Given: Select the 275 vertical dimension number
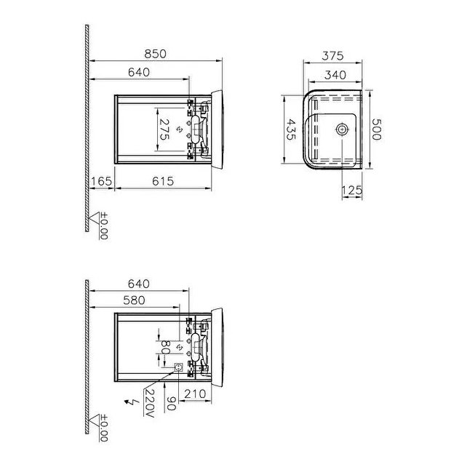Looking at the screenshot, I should point(165,129).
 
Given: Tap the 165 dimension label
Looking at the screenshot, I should point(100,181).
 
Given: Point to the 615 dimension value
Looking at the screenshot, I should point(163,181).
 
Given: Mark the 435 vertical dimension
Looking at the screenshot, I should point(290,129).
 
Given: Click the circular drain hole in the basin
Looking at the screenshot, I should point(341,129).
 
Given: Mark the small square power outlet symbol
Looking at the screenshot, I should point(178,369).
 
